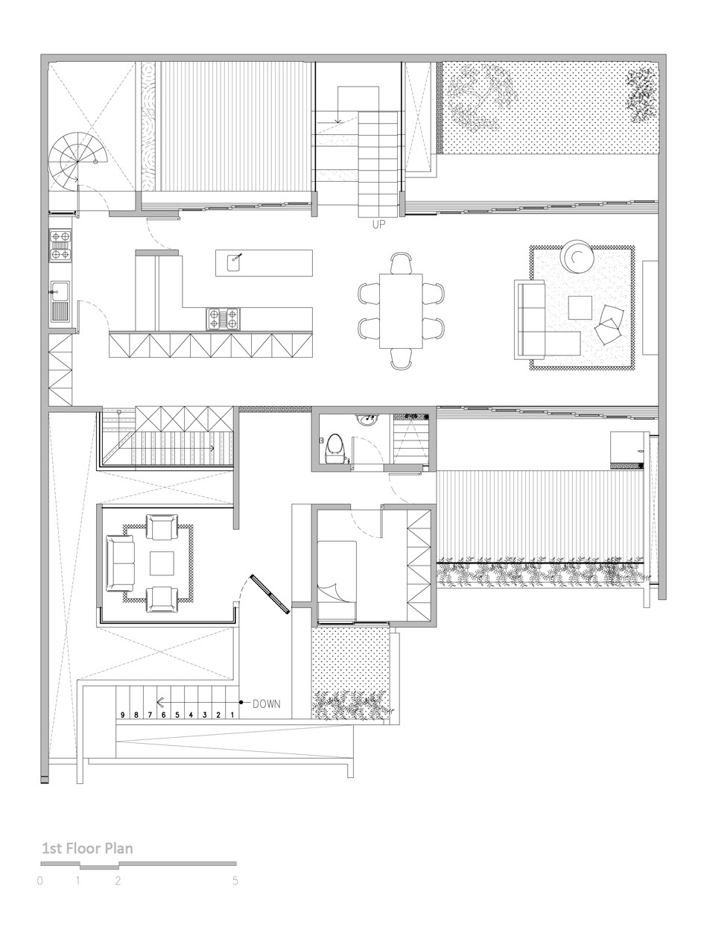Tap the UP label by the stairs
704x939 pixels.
pos(378,224)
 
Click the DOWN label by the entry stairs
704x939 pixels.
pos(266,704)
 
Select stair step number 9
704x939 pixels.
pos(122,715)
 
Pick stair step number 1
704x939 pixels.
pos(232,715)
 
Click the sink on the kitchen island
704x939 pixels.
pos(233,263)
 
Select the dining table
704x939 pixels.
pos(401,311)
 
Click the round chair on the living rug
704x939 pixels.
pos(577,257)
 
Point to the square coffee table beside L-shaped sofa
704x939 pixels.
pos(580,308)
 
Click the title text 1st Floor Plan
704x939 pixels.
pos(87,848)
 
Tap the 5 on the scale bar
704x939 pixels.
pos(235,881)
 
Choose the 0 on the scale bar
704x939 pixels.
pos(39,881)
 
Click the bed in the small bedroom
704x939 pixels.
pos(337,581)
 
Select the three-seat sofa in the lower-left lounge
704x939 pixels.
pos(120,563)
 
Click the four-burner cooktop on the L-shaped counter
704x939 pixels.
pos(223,318)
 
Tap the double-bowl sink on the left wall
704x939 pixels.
pos(60,301)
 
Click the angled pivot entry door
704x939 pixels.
pos(270,594)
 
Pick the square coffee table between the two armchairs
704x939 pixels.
pos(162,563)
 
